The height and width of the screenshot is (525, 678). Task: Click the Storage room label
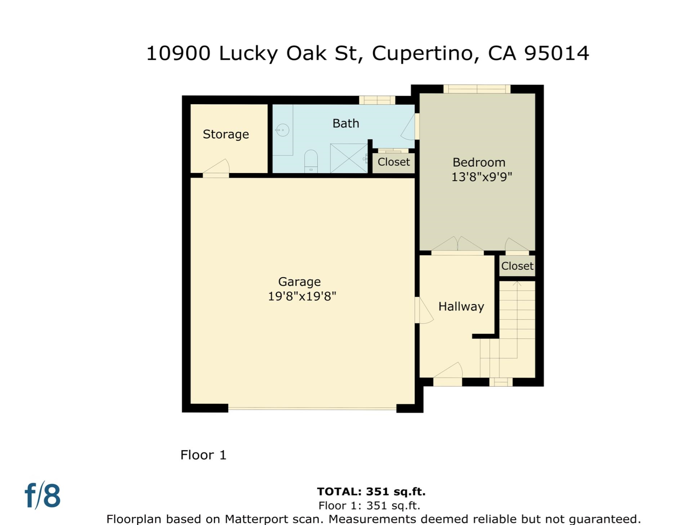pos(226,134)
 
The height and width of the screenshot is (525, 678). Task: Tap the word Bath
pos(345,123)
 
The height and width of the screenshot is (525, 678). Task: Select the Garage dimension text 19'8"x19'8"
pos(302,296)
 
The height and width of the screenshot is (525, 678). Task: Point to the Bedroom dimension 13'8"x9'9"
pos(481,177)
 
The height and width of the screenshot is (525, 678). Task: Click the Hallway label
pos(461,306)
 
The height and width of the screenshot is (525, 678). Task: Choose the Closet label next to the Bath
pos(393,162)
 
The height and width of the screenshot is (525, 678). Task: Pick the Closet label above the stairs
pos(517,266)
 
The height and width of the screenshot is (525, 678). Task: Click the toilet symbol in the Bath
pos(311,161)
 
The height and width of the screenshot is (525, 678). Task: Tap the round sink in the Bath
pos(282,130)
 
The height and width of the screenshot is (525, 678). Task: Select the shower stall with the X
pos(348,158)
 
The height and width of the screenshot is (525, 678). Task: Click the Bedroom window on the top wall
pos(477,89)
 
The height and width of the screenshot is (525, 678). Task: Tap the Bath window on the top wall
pos(377,100)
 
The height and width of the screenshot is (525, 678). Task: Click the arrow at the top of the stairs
pos(517,283)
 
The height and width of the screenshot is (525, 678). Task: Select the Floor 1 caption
pos(203,455)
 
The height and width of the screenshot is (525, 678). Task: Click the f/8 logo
pos(43,495)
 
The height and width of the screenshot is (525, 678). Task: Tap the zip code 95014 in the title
pos(556,53)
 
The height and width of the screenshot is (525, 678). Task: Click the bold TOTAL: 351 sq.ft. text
pos(371,491)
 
